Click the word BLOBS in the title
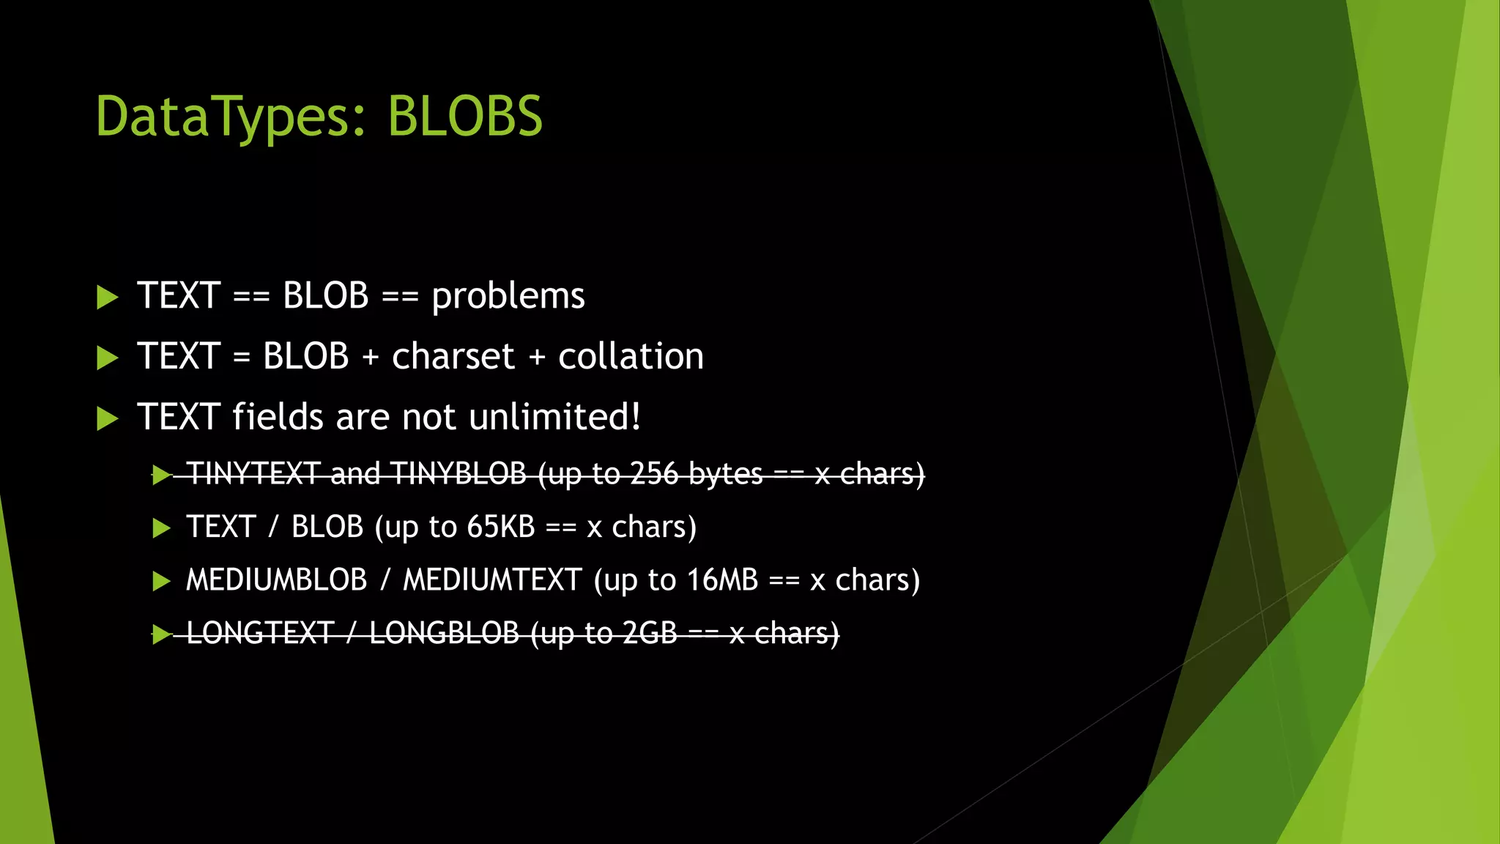coord(465,116)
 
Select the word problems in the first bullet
coord(508,297)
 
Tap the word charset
coord(453,357)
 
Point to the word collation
coord(631,357)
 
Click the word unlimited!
coord(555,417)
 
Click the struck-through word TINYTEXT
coord(253,474)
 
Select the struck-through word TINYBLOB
coord(458,474)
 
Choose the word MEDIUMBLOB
coord(276,580)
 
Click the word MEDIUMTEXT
coord(492,580)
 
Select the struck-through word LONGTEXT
coord(260,634)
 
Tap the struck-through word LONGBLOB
coord(444,634)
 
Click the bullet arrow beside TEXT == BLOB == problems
coord(107,297)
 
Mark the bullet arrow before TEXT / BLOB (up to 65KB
coord(161,528)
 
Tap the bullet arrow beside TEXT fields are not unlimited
coord(107,418)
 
